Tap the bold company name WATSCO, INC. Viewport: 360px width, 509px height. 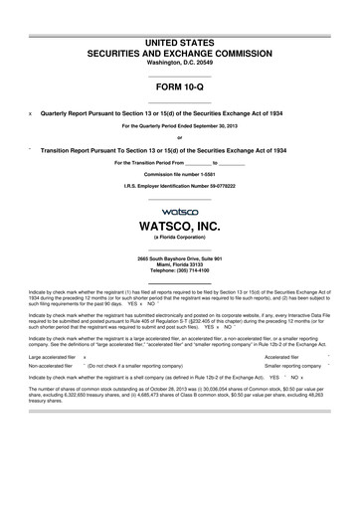coord(180,228)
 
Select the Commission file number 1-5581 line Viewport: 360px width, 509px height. coord(180,174)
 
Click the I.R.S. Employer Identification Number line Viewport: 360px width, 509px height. coord(180,187)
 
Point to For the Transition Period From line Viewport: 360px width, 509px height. coord(180,161)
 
